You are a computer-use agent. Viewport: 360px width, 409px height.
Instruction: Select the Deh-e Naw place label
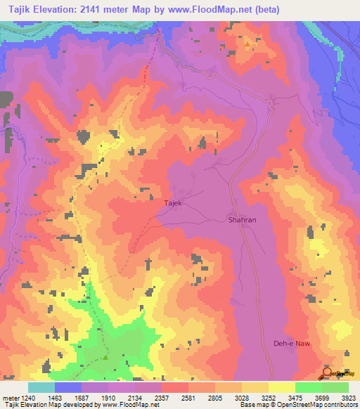click(x=292, y=343)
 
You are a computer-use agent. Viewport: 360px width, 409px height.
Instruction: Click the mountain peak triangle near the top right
click(x=247, y=44)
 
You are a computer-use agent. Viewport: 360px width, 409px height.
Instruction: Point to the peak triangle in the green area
click(x=105, y=358)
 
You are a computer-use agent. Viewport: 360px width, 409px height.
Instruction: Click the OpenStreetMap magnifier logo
click(x=326, y=372)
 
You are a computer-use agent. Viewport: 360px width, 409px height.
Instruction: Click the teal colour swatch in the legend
click(x=41, y=387)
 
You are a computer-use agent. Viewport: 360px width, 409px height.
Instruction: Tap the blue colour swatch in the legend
click(x=68, y=387)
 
